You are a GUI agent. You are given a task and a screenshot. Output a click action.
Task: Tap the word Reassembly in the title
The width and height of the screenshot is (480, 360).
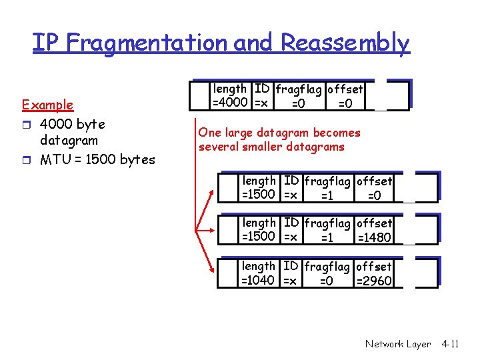[x=345, y=43]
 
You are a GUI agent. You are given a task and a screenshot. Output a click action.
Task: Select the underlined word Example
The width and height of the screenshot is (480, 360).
[x=47, y=105]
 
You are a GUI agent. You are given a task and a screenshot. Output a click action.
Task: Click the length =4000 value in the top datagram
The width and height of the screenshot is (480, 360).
[x=231, y=103]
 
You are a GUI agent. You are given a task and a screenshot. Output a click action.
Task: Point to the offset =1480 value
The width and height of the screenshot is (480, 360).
[x=374, y=237]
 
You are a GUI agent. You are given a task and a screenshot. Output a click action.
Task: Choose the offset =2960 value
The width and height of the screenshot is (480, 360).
[x=374, y=281]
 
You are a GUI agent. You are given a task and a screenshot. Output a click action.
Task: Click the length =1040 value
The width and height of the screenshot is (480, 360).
[x=258, y=280]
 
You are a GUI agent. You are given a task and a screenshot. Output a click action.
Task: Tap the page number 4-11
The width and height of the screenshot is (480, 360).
[x=450, y=344]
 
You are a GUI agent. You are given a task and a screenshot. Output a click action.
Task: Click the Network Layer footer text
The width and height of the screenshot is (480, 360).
[x=398, y=344]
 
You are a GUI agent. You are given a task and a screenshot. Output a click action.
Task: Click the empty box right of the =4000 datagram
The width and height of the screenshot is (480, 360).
[x=397, y=95]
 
